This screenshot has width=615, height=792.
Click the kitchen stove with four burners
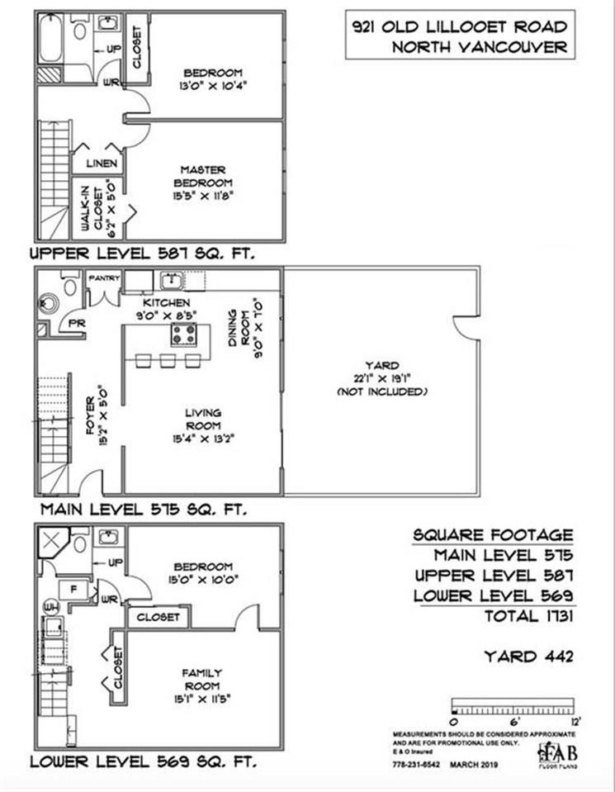click(184, 334)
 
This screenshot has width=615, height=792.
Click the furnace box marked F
click(73, 590)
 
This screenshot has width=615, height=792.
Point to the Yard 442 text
click(527, 657)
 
